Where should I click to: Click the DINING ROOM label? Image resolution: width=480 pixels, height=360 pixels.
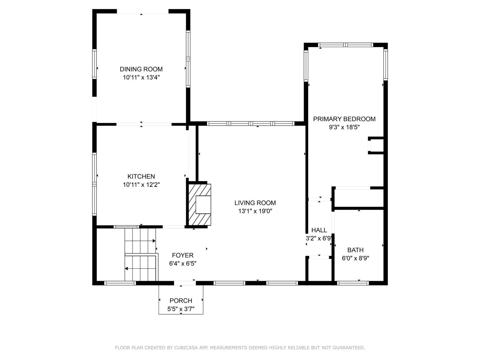141,69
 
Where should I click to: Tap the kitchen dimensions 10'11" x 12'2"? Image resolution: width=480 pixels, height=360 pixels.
141,185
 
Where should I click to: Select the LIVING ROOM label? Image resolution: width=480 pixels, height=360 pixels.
255,203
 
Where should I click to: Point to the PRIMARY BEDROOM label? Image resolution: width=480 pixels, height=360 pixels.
344,119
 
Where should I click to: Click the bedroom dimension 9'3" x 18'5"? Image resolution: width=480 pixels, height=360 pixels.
344,127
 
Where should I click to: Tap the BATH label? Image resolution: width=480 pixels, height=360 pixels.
355,250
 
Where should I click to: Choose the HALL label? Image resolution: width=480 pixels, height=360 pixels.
319,230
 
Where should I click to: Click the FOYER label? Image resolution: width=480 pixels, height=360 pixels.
183,255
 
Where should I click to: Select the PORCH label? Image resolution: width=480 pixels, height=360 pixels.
181,300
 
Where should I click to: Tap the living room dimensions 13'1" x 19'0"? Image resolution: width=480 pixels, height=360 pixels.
255,211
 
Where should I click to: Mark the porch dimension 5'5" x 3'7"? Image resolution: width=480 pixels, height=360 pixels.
181,309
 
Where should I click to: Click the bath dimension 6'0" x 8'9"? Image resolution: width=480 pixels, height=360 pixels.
355,258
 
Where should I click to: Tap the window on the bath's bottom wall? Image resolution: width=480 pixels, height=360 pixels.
353,283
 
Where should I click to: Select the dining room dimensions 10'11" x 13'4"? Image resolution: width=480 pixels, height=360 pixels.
141,78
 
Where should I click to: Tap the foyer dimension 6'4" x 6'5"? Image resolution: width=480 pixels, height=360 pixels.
183,263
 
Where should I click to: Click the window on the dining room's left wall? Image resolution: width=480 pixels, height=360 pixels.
94,64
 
